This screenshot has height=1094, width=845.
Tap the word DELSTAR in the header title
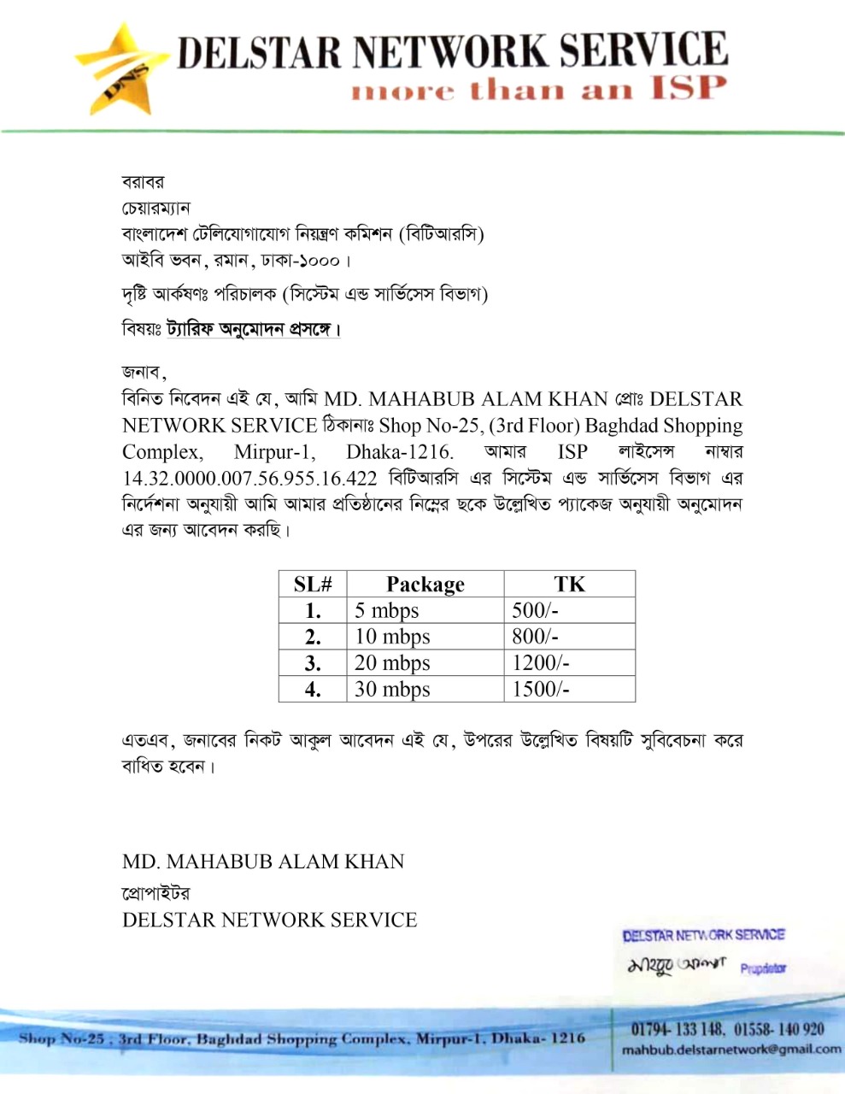tap(258, 51)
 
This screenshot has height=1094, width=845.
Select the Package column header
tap(425, 585)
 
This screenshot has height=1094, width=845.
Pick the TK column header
tap(569, 585)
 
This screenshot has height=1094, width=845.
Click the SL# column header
tap(313, 585)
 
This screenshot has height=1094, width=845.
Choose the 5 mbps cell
tap(387, 610)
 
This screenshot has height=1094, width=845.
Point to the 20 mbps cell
tap(392, 663)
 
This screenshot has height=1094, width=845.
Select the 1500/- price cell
tap(540, 690)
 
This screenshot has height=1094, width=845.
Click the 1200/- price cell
tap(540, 663)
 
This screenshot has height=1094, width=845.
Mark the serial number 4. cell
tap(313, 690)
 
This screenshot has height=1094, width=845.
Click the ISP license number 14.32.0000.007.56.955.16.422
tap(249, 479)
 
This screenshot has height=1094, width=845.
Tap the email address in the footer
tap(731, 1050)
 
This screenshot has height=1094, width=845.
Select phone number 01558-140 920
tap(778, 1029)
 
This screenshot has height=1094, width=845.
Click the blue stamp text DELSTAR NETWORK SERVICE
tap(703, 936)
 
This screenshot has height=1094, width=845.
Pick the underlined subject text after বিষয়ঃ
tap(253, 329)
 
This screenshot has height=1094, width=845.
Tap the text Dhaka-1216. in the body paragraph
tap(400, 452)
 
